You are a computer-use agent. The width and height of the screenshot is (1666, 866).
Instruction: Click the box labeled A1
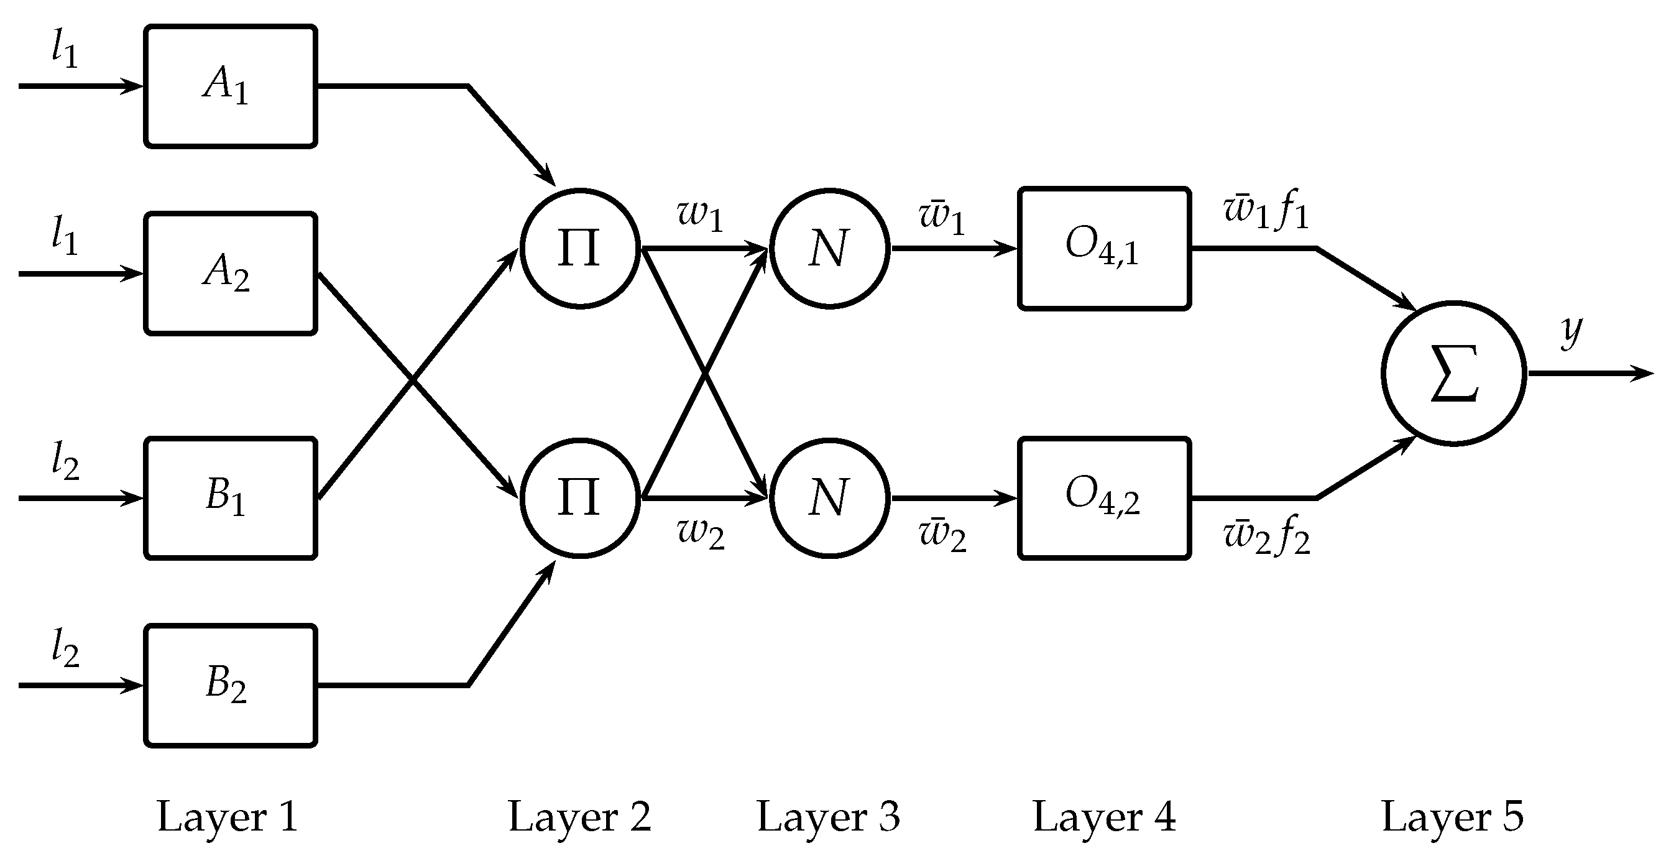(230, 86)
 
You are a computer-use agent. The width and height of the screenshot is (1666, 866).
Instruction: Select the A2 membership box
(230, 274)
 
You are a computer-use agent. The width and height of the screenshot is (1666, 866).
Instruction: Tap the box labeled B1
(230, 498)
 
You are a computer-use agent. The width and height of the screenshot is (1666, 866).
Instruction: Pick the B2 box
(230, 686)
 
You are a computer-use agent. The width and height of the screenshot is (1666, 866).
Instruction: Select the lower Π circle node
(579, 498)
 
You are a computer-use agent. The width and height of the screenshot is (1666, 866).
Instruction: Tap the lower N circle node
(829, 498)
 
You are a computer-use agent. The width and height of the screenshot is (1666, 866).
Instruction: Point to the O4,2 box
(1104, 498)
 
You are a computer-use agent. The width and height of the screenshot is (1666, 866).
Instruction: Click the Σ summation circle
(1454, 373)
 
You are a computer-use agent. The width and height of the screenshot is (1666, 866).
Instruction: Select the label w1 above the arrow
(700, 215)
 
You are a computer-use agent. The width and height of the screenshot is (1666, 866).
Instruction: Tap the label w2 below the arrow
(701, 533)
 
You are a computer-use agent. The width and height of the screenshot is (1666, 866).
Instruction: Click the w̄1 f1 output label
(1266, 211)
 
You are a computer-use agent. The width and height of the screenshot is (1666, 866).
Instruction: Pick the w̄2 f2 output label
(1266, 537)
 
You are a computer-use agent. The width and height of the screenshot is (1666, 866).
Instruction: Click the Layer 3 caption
(829, 817)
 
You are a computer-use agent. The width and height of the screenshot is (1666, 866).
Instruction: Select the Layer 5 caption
(1453, 817)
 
